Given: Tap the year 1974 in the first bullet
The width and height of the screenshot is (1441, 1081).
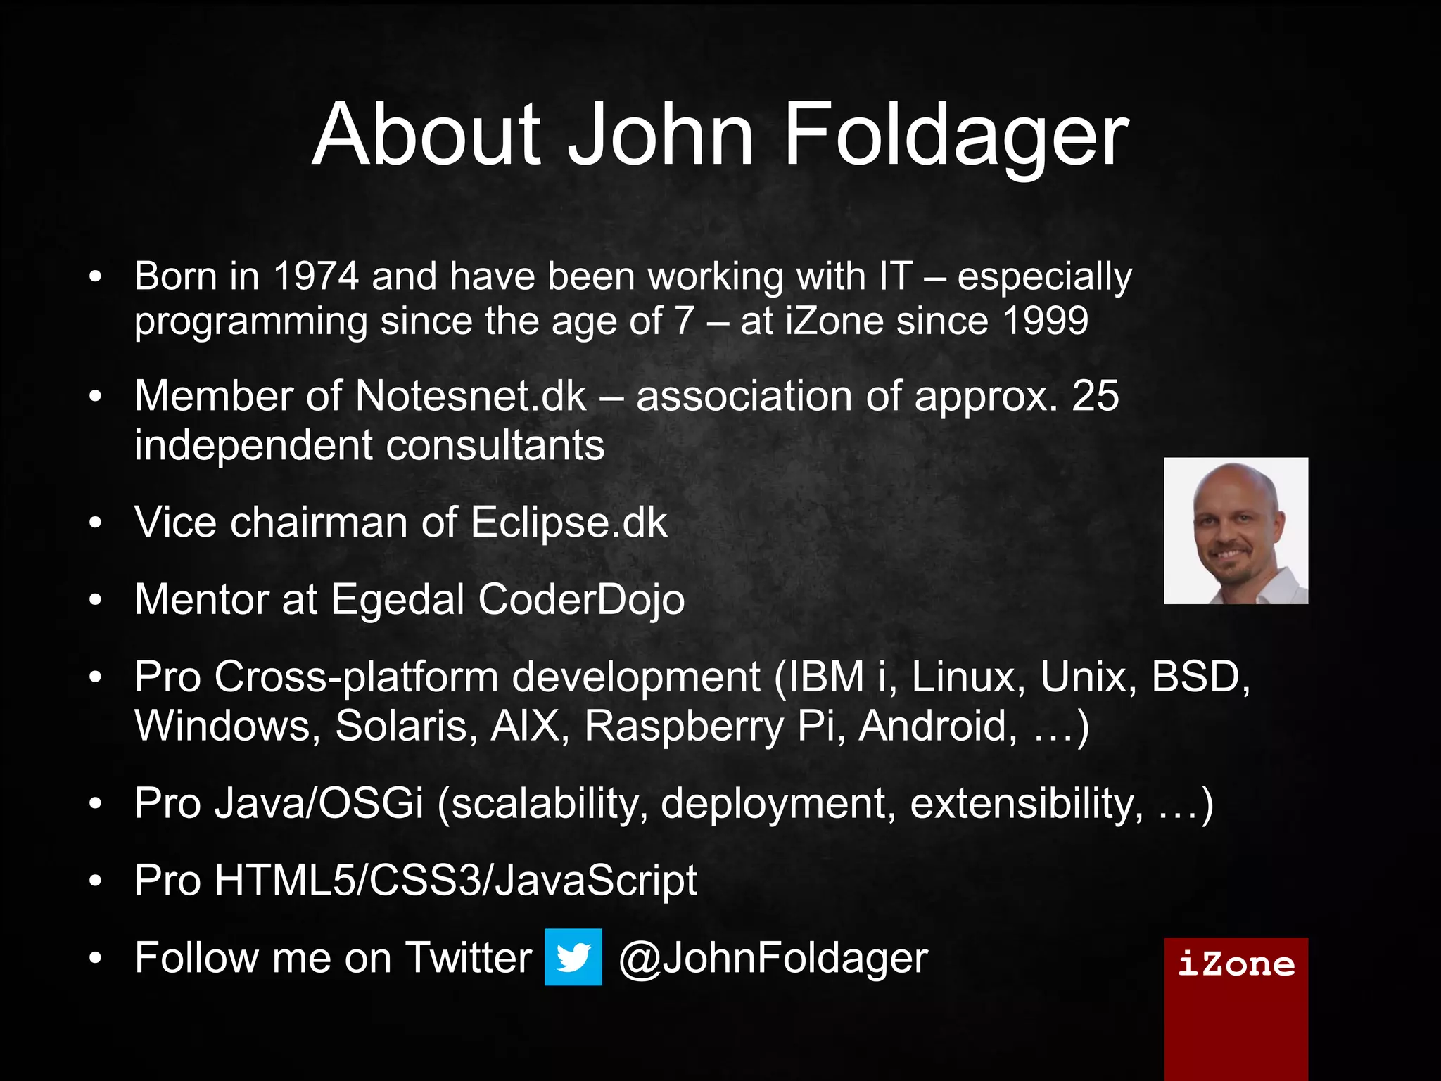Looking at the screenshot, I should click(x=316, y=276).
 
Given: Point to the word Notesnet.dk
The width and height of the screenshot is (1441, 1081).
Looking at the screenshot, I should click(x=471, y=396).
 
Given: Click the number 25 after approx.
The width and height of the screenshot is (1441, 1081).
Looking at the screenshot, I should click(x=1095, y=396).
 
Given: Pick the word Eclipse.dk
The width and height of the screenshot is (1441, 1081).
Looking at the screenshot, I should click(x=569, y=523).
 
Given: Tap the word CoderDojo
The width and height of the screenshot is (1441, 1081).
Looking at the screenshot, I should click(x=580, y=599).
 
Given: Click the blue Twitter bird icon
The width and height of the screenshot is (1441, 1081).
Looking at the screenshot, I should click(x=573, y=957).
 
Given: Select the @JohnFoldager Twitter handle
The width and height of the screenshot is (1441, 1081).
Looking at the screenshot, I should click(x=773, y=958).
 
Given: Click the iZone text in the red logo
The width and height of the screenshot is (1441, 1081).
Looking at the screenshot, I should click(x=1236, y=964).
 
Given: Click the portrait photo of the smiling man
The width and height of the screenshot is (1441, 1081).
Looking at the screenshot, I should click(x=1236, y=531).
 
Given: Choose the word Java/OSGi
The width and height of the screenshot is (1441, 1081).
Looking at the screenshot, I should click(x=319, y=803).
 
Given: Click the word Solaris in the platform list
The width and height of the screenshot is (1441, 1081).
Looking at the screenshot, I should click(x=402, y=726).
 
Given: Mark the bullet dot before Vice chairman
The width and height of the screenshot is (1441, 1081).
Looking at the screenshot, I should click(x=96, y=523).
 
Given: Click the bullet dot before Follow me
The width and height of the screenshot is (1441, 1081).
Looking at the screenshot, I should click(x=96, y=958).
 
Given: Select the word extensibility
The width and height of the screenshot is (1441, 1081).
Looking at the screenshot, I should click(x=1027, y=803).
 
